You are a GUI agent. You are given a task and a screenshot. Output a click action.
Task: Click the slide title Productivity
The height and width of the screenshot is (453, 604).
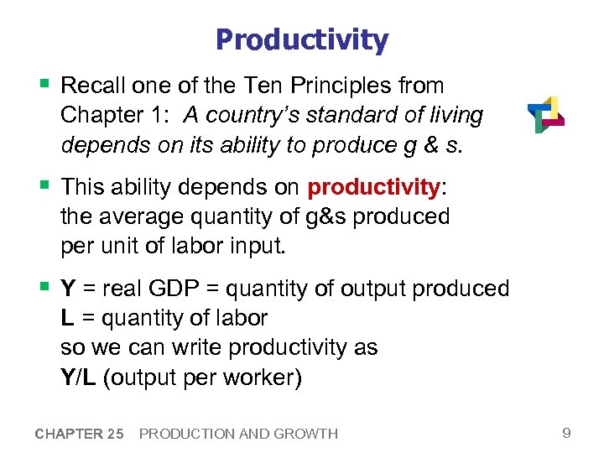[301, 39]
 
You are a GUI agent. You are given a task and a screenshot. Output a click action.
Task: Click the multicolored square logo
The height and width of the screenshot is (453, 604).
[545, 115]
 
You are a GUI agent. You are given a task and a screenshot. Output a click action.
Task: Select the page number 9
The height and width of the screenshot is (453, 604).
[566, 433]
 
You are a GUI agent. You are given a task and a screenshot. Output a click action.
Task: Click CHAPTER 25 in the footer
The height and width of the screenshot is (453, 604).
[79, 434]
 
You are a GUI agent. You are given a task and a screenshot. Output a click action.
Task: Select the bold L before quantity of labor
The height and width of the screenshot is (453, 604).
[66, 318]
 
